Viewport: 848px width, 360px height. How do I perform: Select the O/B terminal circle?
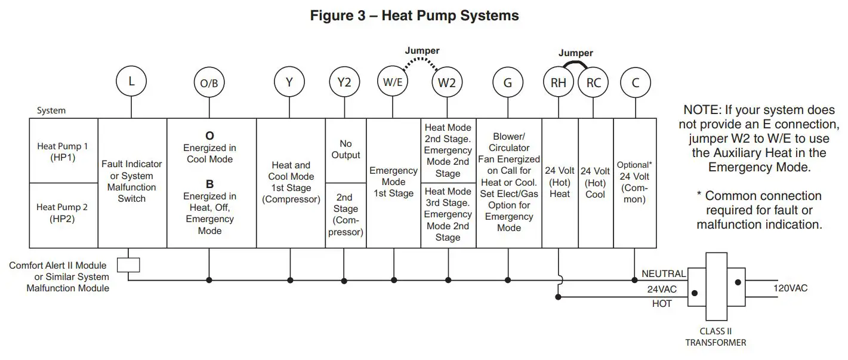point(209,84)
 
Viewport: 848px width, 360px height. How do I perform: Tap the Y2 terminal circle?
point(344,83)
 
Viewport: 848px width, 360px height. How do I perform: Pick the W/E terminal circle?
point(393,83)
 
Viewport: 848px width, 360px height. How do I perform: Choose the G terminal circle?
point(508,83)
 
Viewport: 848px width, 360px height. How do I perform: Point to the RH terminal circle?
point(559,83)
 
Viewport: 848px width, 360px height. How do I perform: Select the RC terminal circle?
point(594,83)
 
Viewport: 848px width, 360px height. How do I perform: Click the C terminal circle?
point(636,83)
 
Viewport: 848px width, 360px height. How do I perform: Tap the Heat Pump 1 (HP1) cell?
point(63,151)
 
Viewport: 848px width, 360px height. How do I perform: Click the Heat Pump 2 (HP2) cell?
point(63,213)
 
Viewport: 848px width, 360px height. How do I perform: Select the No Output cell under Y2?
point(346,150)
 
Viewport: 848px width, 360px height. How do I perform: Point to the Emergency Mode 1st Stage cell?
point(393,182)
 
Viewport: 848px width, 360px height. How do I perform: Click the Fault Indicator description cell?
point(132,181)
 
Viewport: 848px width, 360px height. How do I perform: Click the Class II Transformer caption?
point(715,337)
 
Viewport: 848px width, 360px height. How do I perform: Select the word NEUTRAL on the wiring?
point(663,273)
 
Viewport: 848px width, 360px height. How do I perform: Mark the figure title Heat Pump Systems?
point(414,16)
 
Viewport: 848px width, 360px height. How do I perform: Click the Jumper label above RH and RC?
point(575,53)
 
